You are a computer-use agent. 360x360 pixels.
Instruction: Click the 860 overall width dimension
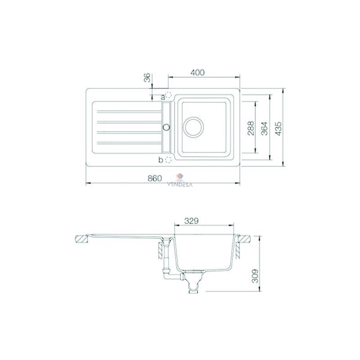click(155, 178)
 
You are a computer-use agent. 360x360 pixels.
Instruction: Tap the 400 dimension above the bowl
click(197, 72)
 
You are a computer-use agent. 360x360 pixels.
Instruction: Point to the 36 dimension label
click(147, 77)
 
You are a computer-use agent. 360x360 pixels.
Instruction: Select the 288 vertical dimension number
click(251, 128)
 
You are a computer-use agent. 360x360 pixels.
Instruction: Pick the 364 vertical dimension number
click(265, 128)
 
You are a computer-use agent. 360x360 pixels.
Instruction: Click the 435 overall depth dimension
click(278, 128)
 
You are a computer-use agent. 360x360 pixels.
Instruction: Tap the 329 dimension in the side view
click(191, 221)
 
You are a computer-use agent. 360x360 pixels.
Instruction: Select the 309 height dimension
click(255, 276)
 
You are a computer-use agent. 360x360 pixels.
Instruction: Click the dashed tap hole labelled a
click(168, 95)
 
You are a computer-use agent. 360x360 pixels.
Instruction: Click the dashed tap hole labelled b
click(168, 160)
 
